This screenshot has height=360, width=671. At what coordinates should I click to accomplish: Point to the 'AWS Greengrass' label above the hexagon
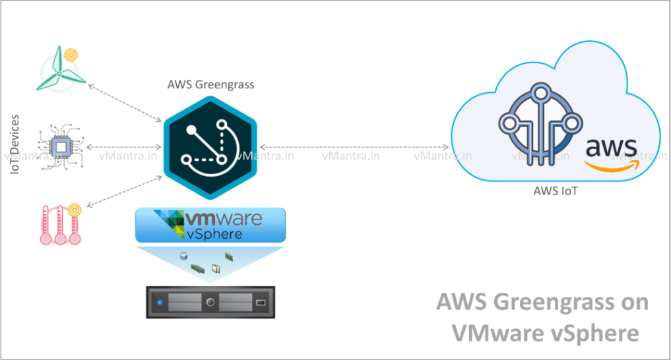(211, 85)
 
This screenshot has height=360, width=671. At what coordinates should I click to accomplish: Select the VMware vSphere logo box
(210, 225)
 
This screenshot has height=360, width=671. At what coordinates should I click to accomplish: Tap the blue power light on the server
(159, 303)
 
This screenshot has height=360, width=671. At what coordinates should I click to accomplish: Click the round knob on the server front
(211, 303)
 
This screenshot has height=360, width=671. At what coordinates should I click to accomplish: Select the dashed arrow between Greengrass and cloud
(353, 146)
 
